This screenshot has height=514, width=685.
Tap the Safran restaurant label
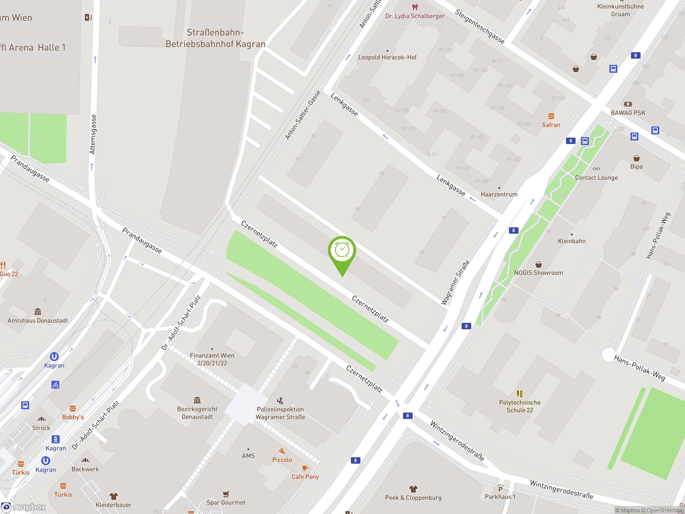coord(551,125)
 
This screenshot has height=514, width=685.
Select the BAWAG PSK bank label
coord(628,113)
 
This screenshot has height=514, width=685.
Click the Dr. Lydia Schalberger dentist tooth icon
coord(415,7)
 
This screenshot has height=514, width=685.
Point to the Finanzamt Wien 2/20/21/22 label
coord(212,359)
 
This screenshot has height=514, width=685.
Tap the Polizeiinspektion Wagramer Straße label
coord(280,413)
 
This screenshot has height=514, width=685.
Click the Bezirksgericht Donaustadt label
coord(197,413)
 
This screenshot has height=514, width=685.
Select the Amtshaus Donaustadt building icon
coord(38,311)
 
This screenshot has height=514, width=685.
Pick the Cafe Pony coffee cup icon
coord(305,468)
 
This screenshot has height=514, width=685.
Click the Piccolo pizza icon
coord(282,451)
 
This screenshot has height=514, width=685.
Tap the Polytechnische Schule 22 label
coord(520,406)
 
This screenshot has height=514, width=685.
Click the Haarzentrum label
coord(499,195)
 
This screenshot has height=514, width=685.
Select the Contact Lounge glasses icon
coord(596,169)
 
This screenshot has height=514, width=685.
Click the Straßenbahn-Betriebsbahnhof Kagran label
coord(215,38)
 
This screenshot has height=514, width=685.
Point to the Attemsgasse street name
coord(93,134)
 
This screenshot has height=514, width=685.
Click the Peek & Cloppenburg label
coord(413,498)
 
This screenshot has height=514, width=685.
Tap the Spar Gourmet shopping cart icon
coord(226,494)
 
